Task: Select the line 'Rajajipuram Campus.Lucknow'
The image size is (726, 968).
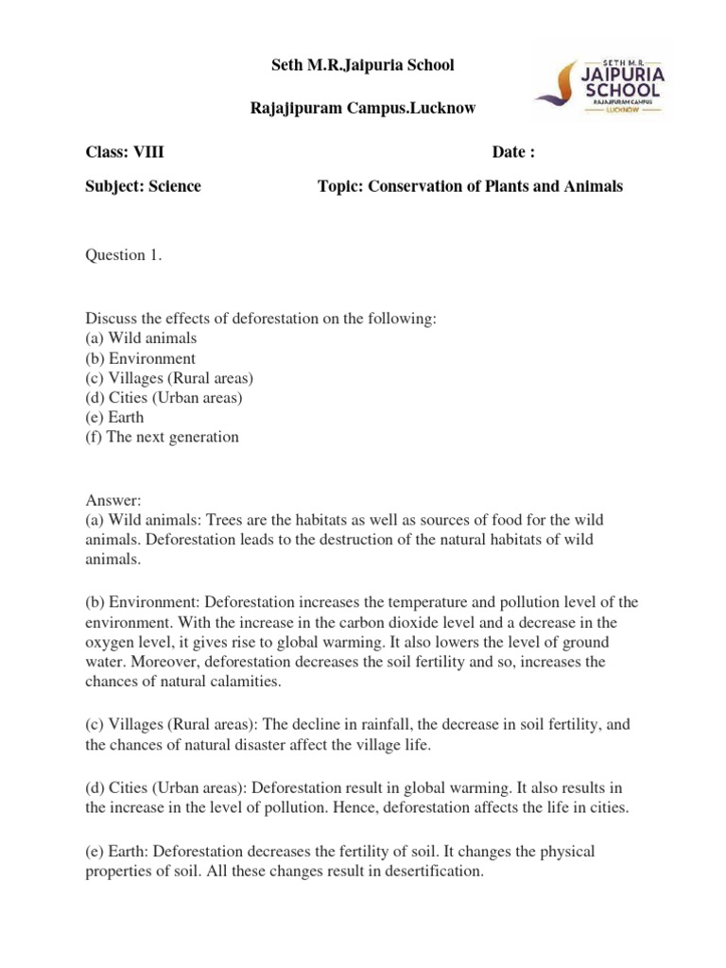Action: coord(362,110)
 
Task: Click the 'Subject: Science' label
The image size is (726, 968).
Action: coord(144,186)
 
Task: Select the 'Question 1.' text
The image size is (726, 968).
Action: coord(124,253)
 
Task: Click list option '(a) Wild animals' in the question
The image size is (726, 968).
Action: coord(142,337)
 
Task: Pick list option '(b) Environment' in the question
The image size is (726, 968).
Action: coord(141,358)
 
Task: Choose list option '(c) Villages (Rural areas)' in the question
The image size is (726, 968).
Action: coord(170,378)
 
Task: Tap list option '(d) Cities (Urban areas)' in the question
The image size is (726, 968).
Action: coord(164,398)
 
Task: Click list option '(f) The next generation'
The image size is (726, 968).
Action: coord(163,438)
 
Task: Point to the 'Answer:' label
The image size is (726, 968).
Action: coord(112,501)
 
